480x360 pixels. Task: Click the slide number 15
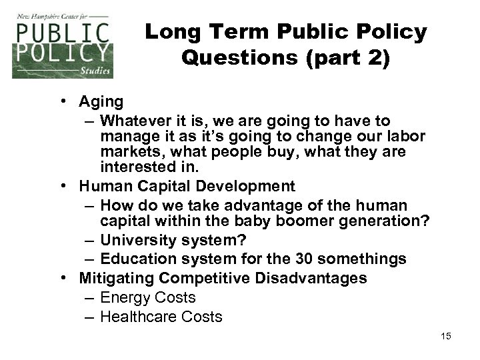pyautogui.click(x=445, y=335)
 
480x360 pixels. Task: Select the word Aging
pyautogui.click(x=101, y=102)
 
